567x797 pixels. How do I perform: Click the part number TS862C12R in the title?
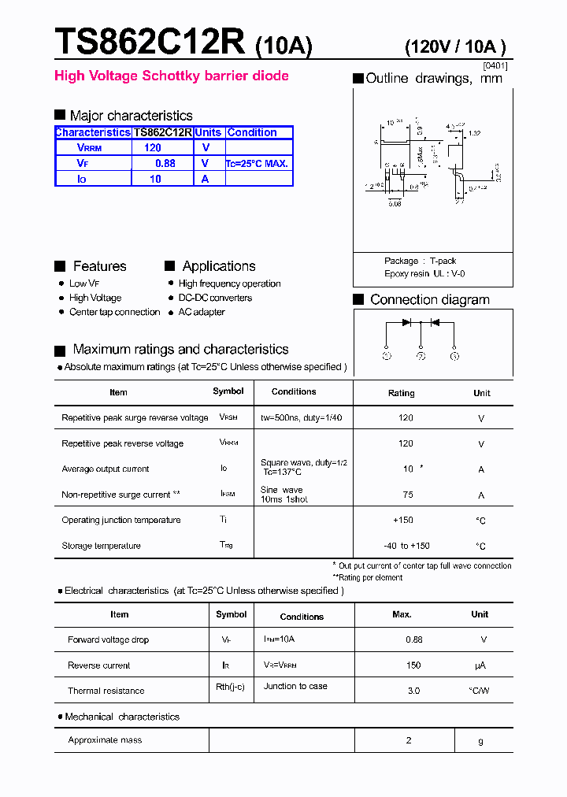(x=150, y=41)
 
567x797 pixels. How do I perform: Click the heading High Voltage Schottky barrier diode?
(x=171, y=76)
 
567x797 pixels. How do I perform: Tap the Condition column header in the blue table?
(x=252, y=133)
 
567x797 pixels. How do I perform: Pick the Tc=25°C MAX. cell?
(x=258, y=164)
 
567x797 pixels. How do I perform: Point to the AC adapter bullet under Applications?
(x=202, y=312)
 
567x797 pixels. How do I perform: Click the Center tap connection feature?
(x=114, y=312)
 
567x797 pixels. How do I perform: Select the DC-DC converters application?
(x=215, y=298)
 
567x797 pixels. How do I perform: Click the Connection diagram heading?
(x=429, y=300)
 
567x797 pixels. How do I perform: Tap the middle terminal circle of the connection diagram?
(x=421, y=356)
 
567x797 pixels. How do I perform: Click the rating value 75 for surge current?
(x=408, y=495)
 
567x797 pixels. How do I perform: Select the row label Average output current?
(x=106, y=469)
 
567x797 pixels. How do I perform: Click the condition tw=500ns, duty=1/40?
(x=301, y=418)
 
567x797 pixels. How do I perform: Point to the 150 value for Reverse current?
(x=413, y=665)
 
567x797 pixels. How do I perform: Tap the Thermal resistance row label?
(x=106, y=691)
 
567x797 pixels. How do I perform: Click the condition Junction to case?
(x=295, y=686)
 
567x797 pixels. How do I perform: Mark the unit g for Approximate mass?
(x=480, y=741)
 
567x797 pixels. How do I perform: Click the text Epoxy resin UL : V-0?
(x=424, y=273)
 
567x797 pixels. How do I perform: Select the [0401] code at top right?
(x=495, y=66)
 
